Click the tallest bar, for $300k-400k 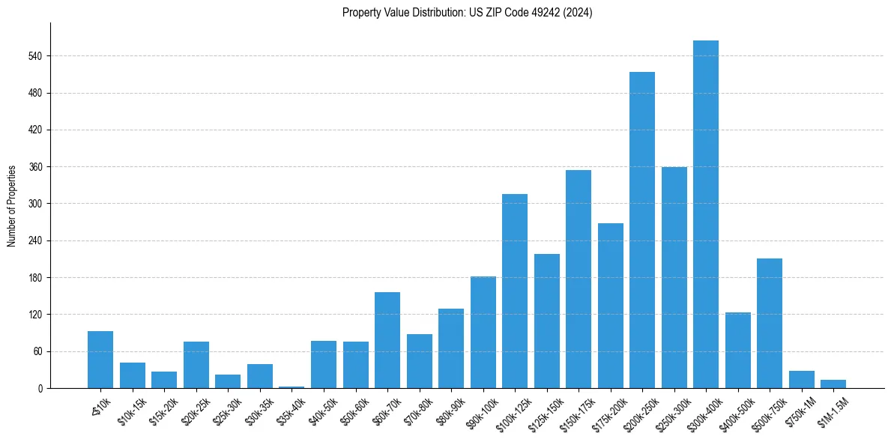coord(705,214)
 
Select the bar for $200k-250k coord(641,230)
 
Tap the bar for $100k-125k coord(514,291)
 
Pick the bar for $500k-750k coord(769,323)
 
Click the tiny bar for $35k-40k coord(291,387)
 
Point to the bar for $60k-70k coord(387,340)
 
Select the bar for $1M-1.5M coord(833,384)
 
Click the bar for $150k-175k coord(578,279)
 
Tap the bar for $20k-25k coord(196,365)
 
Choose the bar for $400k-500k coord(737,350)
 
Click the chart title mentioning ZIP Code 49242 coord(467,13)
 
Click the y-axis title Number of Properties coord(12,206)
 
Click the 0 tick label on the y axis coord(42,388)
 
